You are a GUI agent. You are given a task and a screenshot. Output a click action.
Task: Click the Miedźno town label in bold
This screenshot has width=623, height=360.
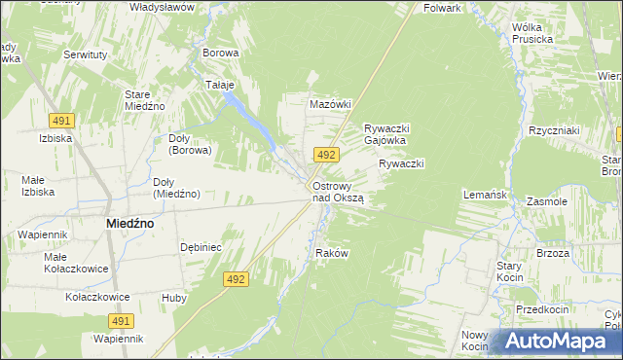pyautogui.click(x=128, y=223)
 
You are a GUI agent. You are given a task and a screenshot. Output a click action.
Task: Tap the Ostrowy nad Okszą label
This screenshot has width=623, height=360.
pyautogui.click(x=338, y=192)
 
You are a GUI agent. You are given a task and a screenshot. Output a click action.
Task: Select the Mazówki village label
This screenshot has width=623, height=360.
pyautogui.click(x=329, y=103)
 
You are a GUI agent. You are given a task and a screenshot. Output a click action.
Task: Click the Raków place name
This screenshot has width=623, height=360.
pyautogui.click(x=332, y=253)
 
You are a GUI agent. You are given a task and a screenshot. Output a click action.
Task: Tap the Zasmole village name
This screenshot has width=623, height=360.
pyautogui.click(x=546, y=201)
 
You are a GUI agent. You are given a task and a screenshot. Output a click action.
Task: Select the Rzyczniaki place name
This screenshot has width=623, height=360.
pyautogui.click(x=554, y=130)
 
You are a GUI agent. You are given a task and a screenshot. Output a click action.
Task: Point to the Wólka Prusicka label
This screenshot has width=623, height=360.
pyautogui.click(x=531, y=32)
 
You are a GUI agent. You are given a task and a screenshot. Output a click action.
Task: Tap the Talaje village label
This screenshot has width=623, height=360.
pyautogui.click(x=220, y=85)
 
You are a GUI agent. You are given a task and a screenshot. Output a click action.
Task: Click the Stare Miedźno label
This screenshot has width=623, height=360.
pyautogui.click(x=144, y=99)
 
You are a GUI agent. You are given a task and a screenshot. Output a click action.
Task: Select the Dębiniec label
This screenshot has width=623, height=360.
pyautogui.click(x=202, y=247)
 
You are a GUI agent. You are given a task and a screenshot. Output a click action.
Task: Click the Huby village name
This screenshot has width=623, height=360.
pyautogui.click(x=174, y=298)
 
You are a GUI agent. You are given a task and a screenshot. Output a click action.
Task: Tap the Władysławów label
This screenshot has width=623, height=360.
pyautogui.click(x=162, y=7)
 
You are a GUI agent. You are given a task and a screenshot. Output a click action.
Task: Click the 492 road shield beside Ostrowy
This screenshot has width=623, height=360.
pyautogui.click(x=326, y=155)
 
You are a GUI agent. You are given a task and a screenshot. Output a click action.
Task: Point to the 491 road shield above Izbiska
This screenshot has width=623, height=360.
pyautogui.click(x=62, y=120)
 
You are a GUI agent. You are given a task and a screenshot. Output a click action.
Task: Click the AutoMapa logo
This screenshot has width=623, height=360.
pyautogui.click(x=558, y=341)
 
